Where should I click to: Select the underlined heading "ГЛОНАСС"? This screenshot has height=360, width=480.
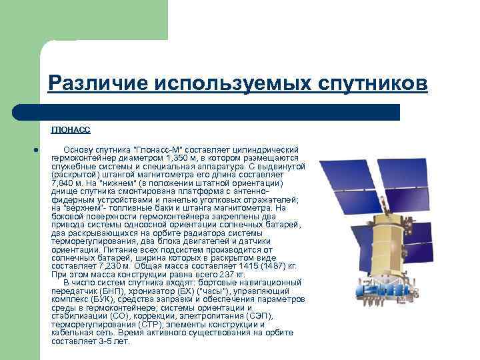71,131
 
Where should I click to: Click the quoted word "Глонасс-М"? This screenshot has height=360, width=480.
156,149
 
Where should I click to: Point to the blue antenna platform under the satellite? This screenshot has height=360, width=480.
385,292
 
